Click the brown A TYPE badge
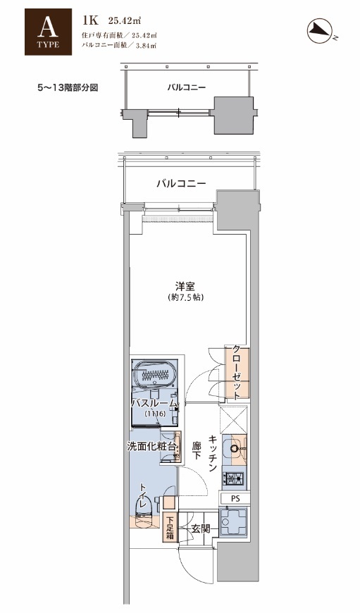coord(48,32)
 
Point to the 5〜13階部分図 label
coord(67,87)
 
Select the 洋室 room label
coord(185,287)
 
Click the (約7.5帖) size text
coord(185,297)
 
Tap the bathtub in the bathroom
coord(155,375)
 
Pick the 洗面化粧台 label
coord(151,447)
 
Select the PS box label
coord(235,498)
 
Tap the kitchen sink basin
coord(235,447)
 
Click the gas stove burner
coord(233,478)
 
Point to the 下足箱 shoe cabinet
coord(169,527)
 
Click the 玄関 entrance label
coord(200,529)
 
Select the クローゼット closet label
coord(236,372)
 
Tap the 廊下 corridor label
coord(197,451)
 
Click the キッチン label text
coord(213,453)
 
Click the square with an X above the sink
coord(234,420)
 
